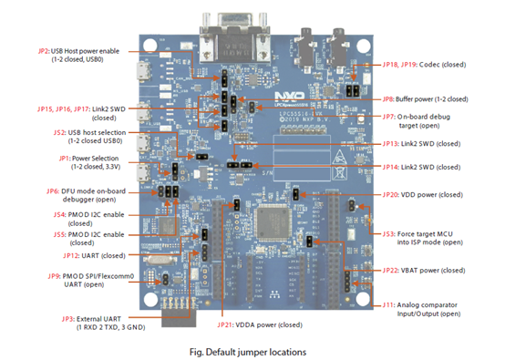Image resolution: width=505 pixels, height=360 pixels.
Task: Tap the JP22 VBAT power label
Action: tap(422, 270)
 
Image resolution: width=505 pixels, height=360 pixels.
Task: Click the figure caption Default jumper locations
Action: tap(252, 348)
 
